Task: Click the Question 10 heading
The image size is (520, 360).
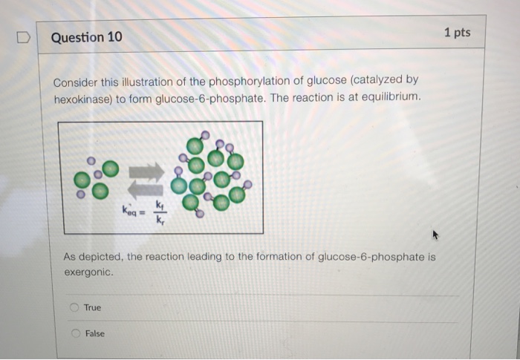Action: pos(87,36)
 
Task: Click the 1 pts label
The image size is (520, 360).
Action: pos(457,33)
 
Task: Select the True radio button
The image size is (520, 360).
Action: pos(74,307)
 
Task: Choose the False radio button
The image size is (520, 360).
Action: pos(75,333)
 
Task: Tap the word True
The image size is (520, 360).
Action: pos(93,307)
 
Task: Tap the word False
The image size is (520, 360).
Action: pos(95,333)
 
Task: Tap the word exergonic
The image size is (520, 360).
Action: pos(88,272)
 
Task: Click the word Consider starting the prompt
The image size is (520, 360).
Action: pos(76,80)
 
